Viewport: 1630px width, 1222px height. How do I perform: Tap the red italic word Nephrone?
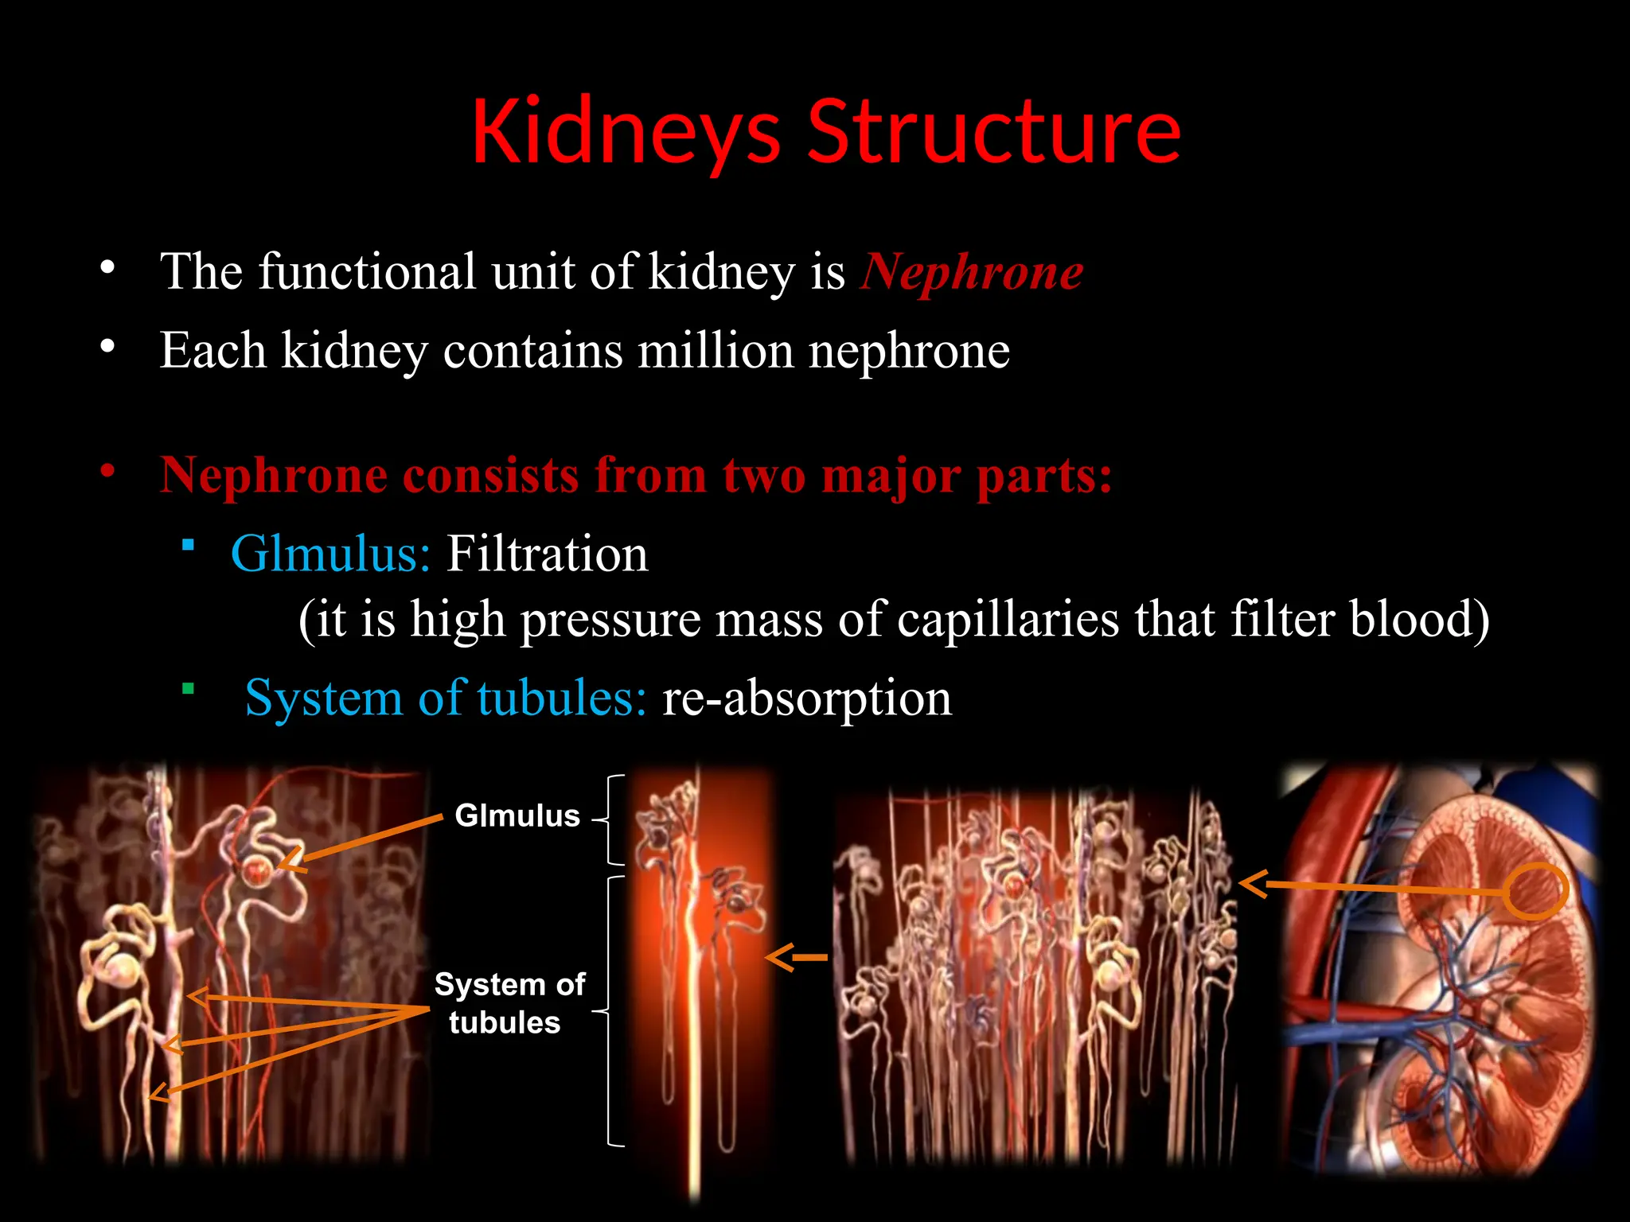click(971, 272)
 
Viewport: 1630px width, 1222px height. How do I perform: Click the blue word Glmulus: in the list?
click(330, 554)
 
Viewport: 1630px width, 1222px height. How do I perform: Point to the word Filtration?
click(547, 554)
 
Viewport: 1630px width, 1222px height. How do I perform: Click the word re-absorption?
click(806, 698)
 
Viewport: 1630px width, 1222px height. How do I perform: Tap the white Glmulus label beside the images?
click(517, 815)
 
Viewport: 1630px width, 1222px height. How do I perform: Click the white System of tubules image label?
click(509, 1003)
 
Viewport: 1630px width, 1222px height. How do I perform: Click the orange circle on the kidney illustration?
click(1536, 890)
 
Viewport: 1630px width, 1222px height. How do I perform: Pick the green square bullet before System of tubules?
click(188, 688)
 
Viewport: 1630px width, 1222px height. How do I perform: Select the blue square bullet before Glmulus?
click(188, 545)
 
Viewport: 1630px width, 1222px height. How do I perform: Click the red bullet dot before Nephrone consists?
click(108, 471)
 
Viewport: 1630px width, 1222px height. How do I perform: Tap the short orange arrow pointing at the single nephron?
click(796, 957)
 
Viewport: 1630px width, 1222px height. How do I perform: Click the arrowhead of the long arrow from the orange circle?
click(1253, 883)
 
